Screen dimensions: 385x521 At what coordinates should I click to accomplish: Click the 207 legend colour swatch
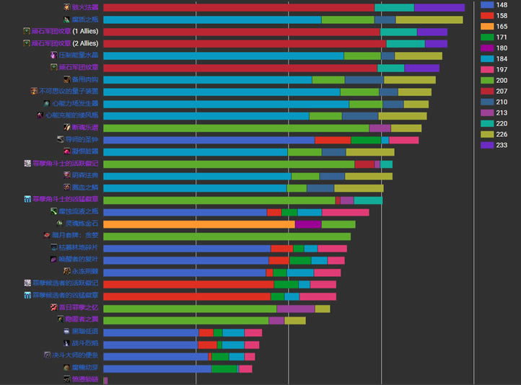(487, 92)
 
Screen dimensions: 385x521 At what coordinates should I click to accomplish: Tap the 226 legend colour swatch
(487, 134)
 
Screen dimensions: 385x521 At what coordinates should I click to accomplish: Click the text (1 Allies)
(85, 32)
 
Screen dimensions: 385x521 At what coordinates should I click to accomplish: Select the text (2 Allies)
(85, 43)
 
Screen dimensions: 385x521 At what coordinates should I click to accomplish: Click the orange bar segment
(199, 224)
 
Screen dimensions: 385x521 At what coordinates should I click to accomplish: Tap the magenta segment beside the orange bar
(308, 224)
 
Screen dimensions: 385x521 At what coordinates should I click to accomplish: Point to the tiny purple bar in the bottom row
(105, 380)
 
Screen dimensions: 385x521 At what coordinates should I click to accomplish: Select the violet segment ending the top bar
(439, 7)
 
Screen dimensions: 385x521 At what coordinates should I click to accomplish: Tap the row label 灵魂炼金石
(82, 224)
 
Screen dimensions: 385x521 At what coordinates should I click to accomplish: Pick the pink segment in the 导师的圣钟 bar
(403, 140)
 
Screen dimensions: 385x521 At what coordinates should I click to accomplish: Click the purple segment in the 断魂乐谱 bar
(380, 128)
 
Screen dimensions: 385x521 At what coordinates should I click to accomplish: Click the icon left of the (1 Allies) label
(27, 32)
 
